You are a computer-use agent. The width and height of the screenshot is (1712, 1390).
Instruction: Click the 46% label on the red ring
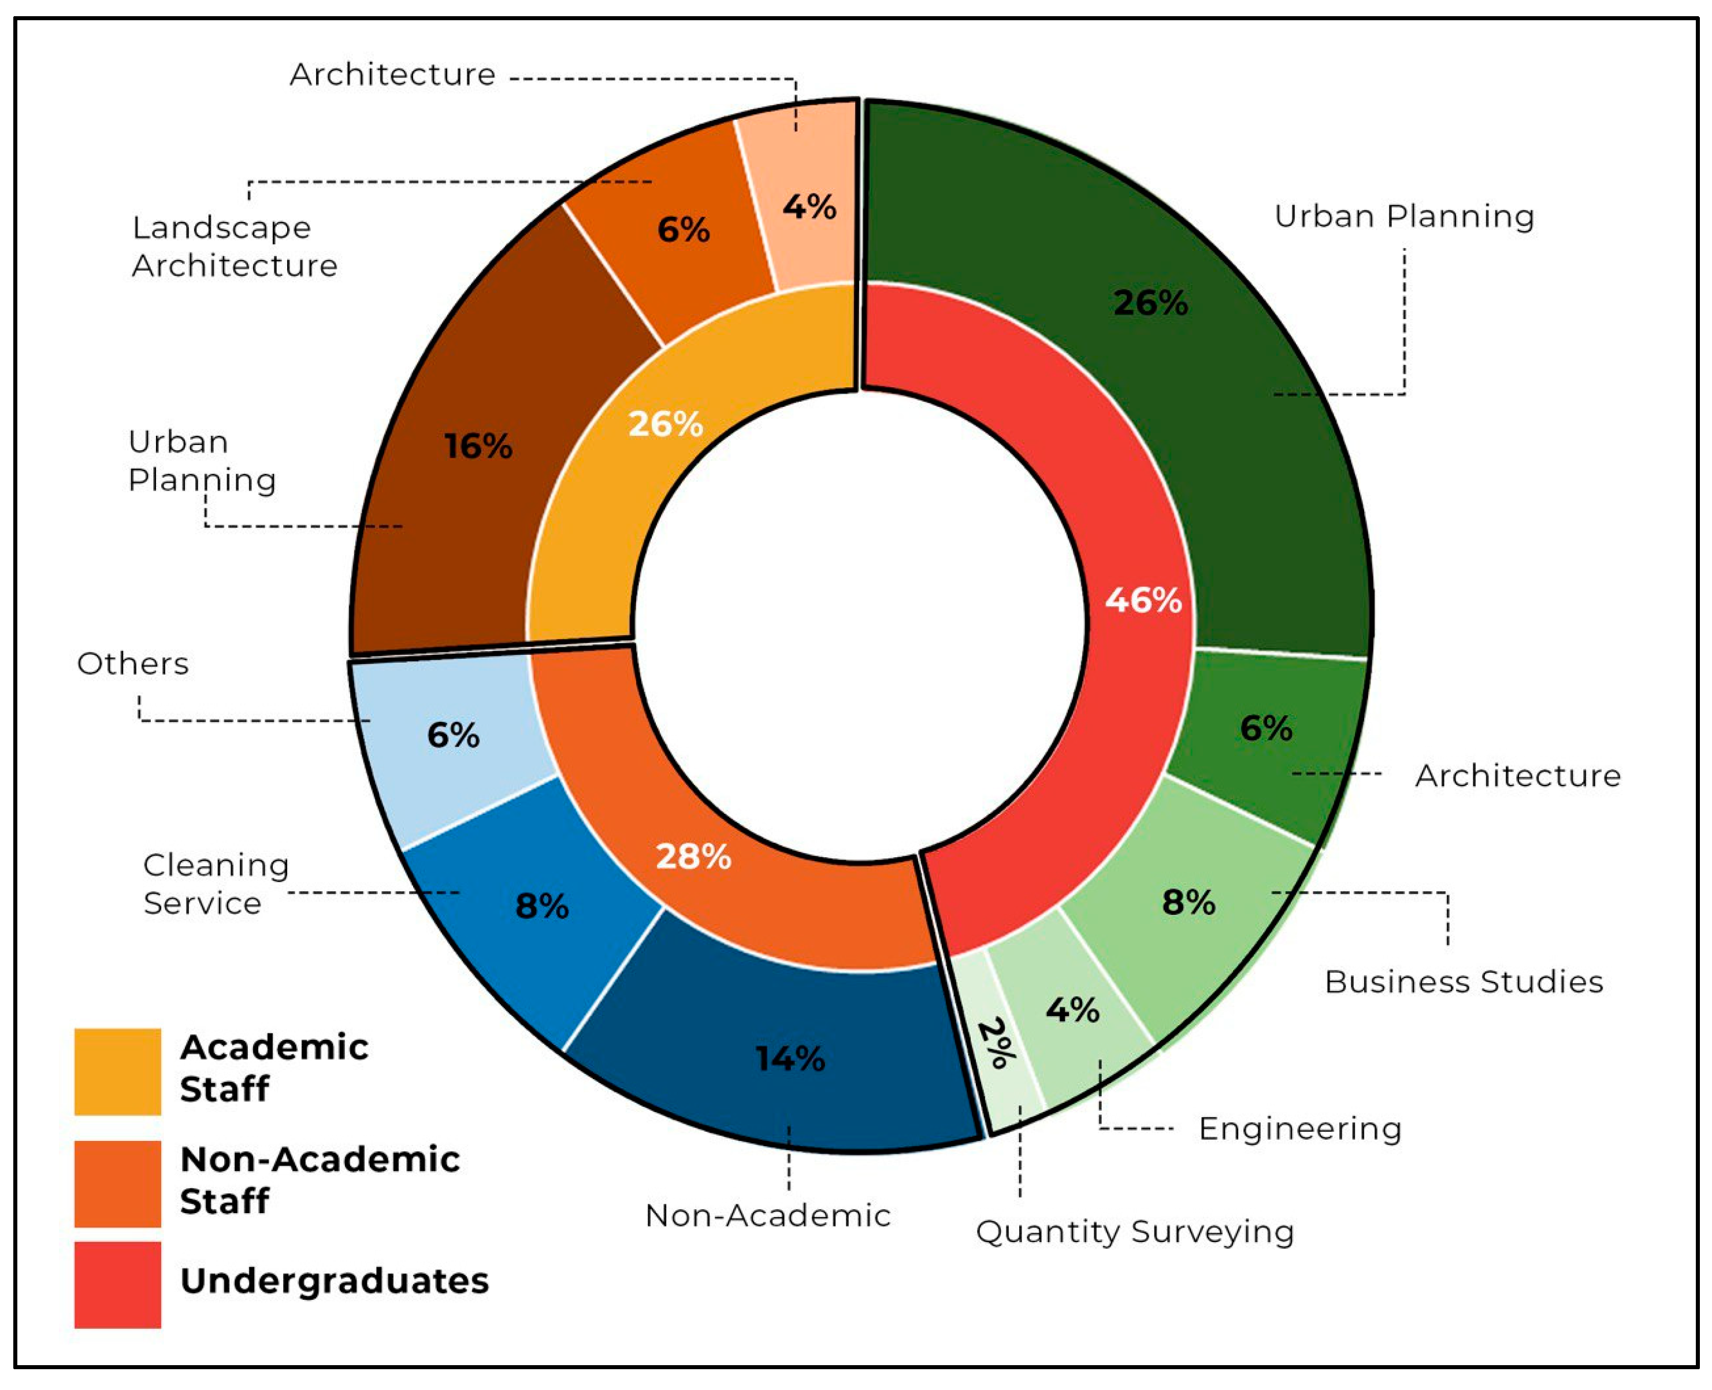click(x=1143, y=600)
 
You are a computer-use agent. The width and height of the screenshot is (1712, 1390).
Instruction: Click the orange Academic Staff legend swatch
click(x=118, y=1072)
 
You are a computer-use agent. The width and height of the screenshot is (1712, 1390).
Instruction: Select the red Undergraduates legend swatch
click(x=118, y=1284)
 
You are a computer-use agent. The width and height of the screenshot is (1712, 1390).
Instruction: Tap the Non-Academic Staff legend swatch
click(x=118, y=1184)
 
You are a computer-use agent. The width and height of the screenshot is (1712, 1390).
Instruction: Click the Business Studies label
click(x=1463, y=981)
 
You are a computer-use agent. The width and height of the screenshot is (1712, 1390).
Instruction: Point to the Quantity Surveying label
click(x=1134, y=1232)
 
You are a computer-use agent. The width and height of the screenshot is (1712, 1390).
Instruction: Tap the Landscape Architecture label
click(x=233, y=247)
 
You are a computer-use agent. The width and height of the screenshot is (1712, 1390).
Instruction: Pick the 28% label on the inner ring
click(x=693, y=857)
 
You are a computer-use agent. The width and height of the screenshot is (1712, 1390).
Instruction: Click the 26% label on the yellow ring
click(x=665, y=424)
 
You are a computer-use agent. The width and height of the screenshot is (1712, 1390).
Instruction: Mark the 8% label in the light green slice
click(x=1189, y=902)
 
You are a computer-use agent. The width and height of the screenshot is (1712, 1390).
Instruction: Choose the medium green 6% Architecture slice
click(x=1265, y=729)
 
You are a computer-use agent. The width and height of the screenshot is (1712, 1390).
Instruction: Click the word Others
click(x=133, y=664)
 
